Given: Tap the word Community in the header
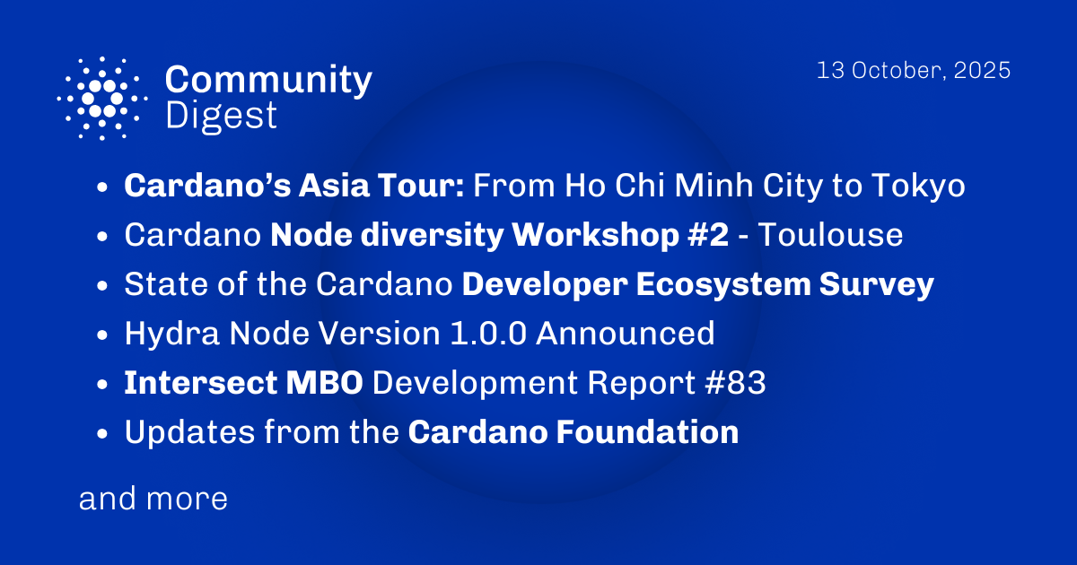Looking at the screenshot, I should pos(268,81).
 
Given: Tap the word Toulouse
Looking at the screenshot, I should pos(831,236).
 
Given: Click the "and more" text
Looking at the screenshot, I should pos(153,499).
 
